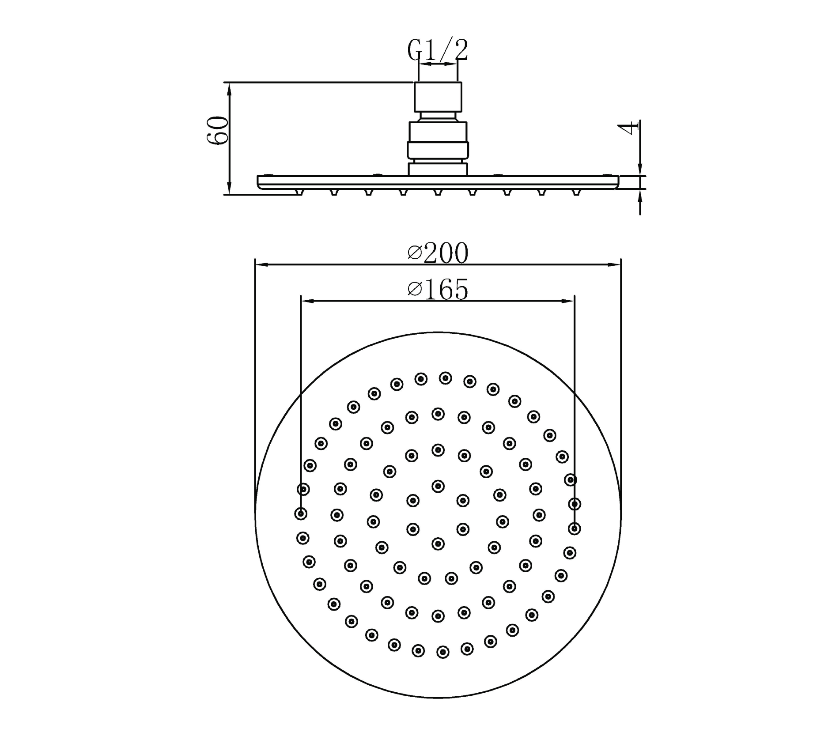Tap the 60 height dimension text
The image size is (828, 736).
click(217, 131)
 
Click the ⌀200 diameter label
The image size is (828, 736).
click(438, 253)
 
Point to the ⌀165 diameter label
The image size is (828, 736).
click(438, 290)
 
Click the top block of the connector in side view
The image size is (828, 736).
click(438, 97)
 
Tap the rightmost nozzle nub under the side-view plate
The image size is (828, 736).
click(576, 192)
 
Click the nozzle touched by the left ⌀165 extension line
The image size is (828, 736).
click(301, 513)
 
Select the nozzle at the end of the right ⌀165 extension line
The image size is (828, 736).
click(574, 528)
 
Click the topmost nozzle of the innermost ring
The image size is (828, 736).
click(438, 486)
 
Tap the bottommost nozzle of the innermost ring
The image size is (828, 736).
click(438, 544)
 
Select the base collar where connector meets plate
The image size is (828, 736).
click(438, 170)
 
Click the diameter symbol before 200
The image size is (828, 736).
click(414, 253)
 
